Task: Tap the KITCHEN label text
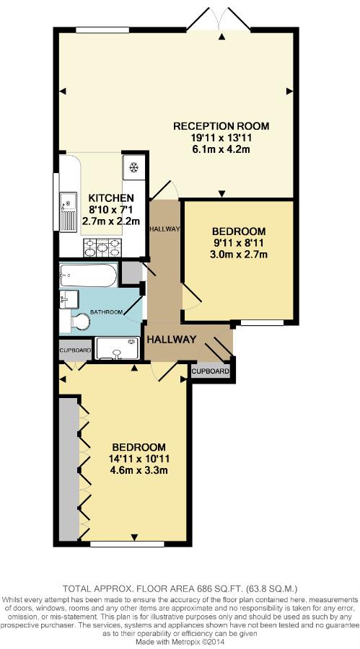point(110,198)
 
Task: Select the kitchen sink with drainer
point(69,210)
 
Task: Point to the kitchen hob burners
point(104,248)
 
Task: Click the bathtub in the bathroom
point(87,274)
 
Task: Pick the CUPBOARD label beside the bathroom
point(76,350)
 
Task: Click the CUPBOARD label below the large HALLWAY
point(211,371)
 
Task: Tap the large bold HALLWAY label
point(172,339)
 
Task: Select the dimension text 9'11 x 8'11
point(239,243)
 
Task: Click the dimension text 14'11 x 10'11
point(139,459)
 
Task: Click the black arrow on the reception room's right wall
point(289,92)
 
